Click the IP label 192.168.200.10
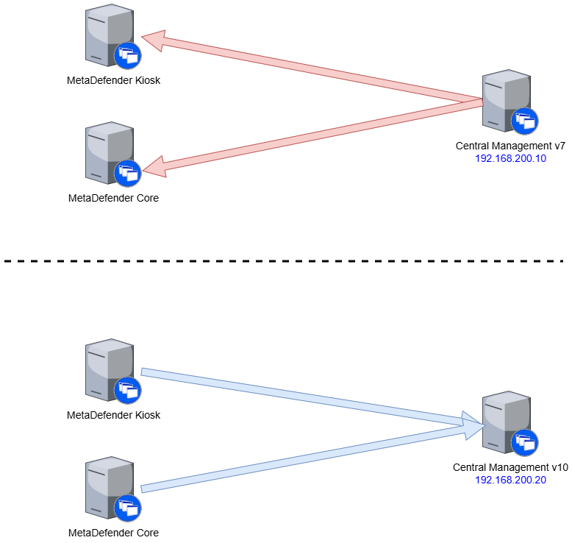tap(511, 158)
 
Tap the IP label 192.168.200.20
tap(511, 480)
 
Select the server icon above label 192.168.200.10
tap(506, 99)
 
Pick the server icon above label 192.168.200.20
tap(506, 422)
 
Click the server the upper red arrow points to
tap(109, 34)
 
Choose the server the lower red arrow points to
tap(109, 151)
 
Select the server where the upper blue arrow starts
tap(109, 368)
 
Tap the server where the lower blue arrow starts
tap(109, 486)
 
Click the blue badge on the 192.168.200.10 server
tap(525, 121)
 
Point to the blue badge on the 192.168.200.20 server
tap(525, 443)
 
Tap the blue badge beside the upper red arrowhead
tap(127, 56)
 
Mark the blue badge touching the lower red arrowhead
tap(127, 174)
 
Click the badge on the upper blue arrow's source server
tap(127, 390)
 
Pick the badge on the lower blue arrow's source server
tap(127, 508)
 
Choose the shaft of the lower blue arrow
tap(301, 460)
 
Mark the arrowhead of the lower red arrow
tap(154, 168)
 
